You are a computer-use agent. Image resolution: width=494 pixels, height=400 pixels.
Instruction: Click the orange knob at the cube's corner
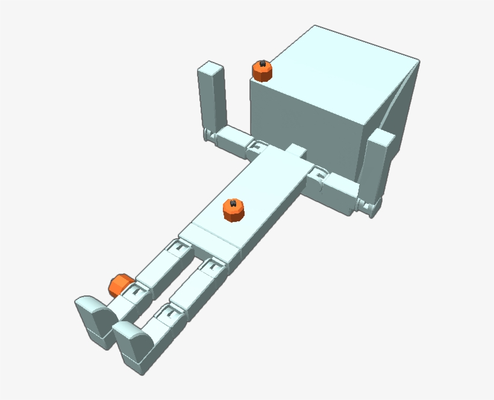[x=262, y=72]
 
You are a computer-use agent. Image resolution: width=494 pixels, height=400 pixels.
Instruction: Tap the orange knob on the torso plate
[x=233, y=210]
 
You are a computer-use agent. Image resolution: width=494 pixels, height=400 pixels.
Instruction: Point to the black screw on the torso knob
[x=234, y=204]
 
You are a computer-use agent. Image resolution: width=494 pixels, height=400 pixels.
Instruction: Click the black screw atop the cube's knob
[x=263, y=64]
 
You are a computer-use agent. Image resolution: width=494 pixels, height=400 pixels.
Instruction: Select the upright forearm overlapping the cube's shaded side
[x=378, y=165]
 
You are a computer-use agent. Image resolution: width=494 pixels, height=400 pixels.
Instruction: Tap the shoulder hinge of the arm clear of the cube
[x=259, y=147]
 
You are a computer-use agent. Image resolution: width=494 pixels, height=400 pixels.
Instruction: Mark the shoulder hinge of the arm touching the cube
[x=317, y=177]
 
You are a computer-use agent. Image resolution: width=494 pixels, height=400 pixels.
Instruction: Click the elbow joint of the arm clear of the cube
[x=211, y=134]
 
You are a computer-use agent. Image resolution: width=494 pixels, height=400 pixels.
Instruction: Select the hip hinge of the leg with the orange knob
[x=179, y=247]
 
